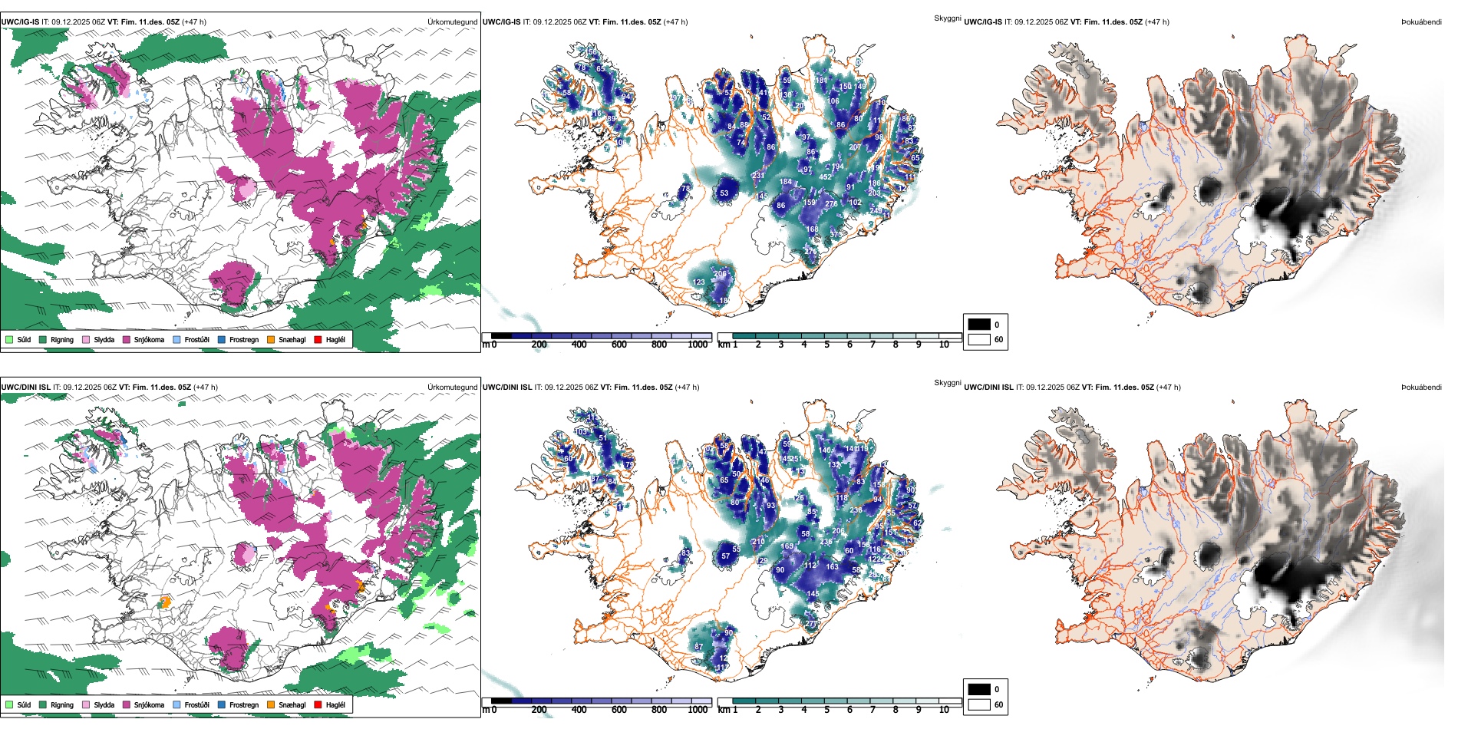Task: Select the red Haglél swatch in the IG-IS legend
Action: pyautogui.click(x=318, y=339)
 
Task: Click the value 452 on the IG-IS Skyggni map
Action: pyautogui.click(x=826, y=176)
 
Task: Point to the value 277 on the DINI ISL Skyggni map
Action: pyautogui.click(x=811, y=624)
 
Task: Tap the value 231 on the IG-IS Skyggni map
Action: pyautogui.click(x=758, y=175)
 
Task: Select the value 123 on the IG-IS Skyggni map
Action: pyautogui.click(x=699, y=282)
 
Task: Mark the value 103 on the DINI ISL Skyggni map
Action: pyautogui.click(x=582, y=432)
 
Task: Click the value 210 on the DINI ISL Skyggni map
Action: pyautogui.click(x=758, y=541)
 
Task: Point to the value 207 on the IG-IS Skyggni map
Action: pyautogui.click(x=855, y=147)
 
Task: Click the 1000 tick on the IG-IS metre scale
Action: pyautogui.click(x=698, y=345)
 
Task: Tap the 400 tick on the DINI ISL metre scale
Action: pyautogui.click(x=579, y=710)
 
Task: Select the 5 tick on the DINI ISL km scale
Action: pyautogui.click(x=827, y=710)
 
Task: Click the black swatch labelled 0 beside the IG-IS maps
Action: pyautogui.click(x=979, y=325)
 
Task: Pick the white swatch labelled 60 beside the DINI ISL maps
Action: pyautogui.click(x=979, y=704)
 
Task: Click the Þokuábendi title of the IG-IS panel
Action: pyautogui.click(x=1421, y=22)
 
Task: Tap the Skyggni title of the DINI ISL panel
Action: pyautogui.click(x=947, y=383)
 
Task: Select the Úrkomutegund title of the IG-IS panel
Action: pyautogui.click(x=452, y=22)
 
